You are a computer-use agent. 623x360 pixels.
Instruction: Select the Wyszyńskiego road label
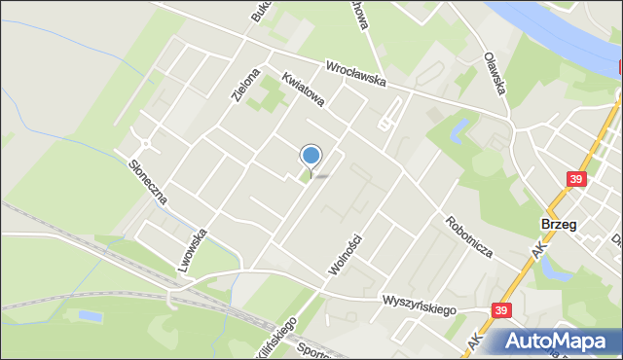click(420, 306)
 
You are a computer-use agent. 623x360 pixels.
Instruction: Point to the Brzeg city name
click(558, 224)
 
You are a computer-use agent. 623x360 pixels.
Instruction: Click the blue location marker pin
click(311, 157)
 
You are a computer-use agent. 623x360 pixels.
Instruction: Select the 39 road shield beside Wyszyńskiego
click(500, 310)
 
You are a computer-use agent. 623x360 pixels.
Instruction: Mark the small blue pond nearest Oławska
click(458, 127)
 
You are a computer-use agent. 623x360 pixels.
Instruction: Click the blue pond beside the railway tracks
click(90, 317)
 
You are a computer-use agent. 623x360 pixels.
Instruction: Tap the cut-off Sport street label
click(311, 350)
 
